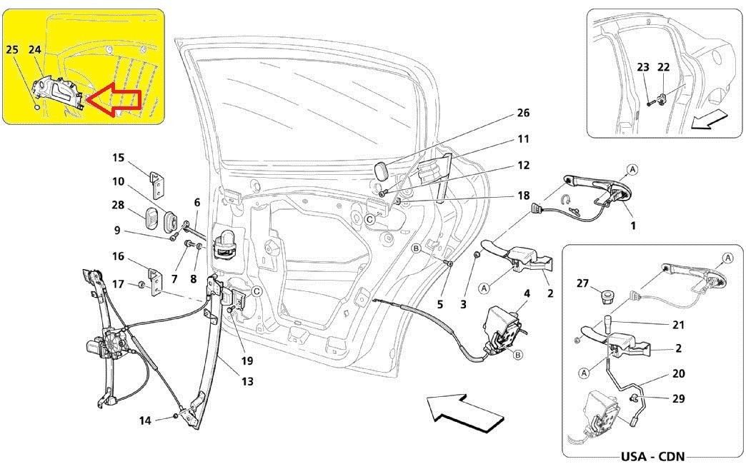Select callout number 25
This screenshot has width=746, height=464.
pos(12,49)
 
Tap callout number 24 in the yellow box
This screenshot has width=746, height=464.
pos(35,49)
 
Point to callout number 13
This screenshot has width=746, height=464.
pos(247,382)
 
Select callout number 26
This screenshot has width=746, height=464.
pos(524,113)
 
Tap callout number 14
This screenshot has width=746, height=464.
pos(146,420)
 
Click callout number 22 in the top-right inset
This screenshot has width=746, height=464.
pos(663,67)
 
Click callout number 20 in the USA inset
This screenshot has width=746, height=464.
pos(678,374)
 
